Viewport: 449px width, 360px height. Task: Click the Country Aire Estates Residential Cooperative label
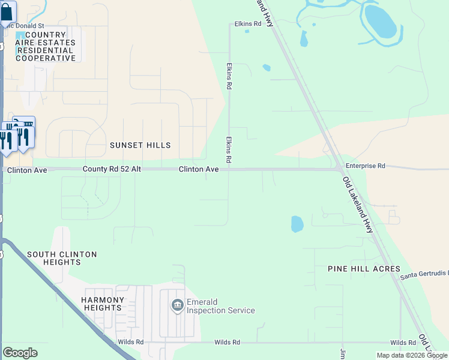(46, 47)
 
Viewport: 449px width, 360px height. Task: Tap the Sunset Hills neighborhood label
(140, 145)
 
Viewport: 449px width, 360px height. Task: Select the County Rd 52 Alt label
(112, 170)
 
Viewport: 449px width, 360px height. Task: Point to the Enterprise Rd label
(365, 165)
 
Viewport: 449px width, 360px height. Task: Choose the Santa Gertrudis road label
(424, 275)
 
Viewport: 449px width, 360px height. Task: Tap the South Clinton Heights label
(62, 259)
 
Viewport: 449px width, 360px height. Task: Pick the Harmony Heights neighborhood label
(103, 304)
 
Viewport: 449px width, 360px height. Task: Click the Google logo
(20, 353)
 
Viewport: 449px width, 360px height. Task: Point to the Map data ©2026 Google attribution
(412, 355)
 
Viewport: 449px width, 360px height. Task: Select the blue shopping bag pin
(7, 13)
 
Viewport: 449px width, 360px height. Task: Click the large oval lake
(380, 22)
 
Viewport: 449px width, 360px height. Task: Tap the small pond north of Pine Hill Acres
(297, 224)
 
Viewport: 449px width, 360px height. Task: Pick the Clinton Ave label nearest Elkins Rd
(199, 170)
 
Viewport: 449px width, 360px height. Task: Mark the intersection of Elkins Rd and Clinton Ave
(228, 170)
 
